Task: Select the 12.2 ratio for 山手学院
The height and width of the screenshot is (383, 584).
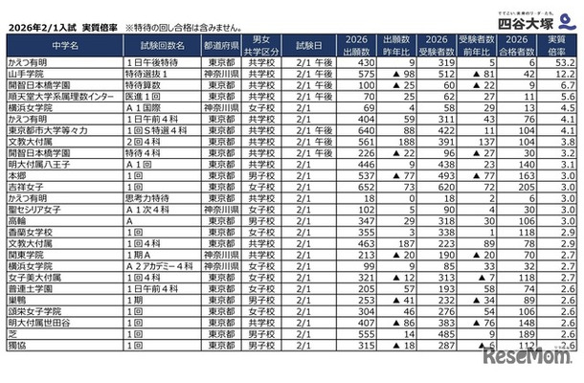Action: point(562,74)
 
